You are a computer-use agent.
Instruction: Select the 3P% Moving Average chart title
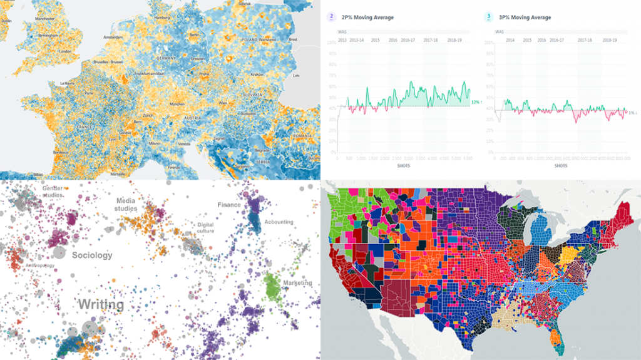pyautogui.click(x=530, y=18)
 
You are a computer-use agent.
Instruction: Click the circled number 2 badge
pyautogui.click(x=330, y=18)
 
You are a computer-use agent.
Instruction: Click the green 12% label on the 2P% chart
pyautogui.click(x=475, y=101)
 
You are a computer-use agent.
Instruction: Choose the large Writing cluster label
pyautogui.click(x=101, y=304)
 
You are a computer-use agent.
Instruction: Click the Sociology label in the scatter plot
pyautogui.click(x=92, y=255)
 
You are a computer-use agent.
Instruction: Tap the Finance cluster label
pyautogui.click(x=229, y=205)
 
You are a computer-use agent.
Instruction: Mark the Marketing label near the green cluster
pyautogui.click(x=297, y=283)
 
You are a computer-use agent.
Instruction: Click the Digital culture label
pyautogui.click(x=206, y=228)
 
